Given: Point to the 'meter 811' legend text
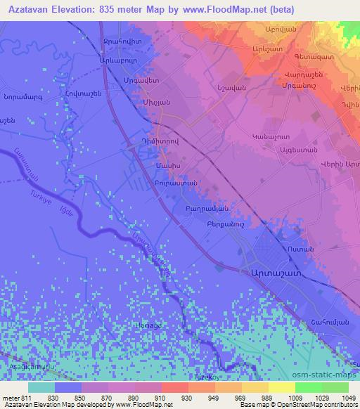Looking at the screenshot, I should pos(15,398).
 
